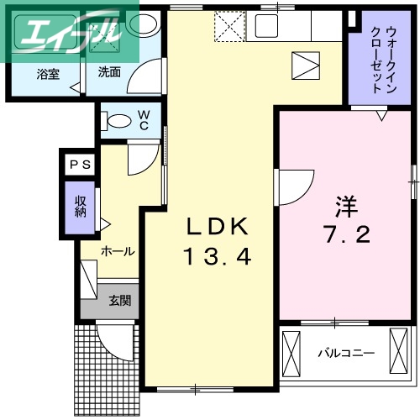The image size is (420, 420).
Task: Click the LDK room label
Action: (218, 227)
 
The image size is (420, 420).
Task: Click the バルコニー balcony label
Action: (345, 353)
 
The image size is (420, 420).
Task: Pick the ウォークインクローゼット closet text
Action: (377, 59)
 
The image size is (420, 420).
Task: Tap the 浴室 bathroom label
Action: (47, 74)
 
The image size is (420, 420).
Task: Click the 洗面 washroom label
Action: (109, 72)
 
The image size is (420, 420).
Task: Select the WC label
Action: (144, 119)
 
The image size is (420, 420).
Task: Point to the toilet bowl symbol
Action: (117, 120)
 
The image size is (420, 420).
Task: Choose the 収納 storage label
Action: (81, 207)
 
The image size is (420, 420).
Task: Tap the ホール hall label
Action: (118, 251)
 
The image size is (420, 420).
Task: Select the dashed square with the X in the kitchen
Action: (227, 27)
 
